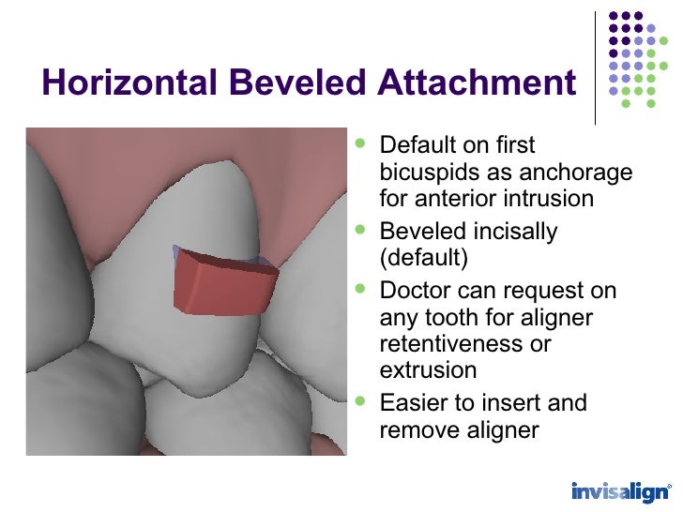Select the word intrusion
coord(550,199)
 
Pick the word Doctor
coord(417,290)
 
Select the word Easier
coord(413,403)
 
